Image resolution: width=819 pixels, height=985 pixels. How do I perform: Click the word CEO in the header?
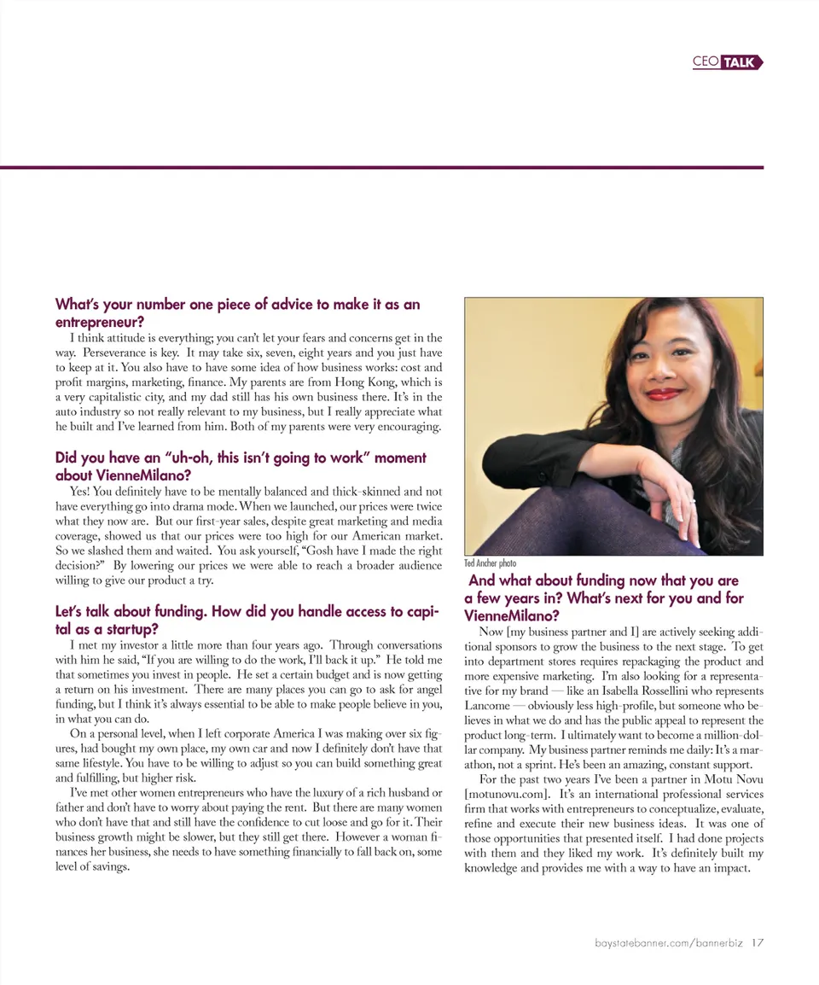click(706, 62)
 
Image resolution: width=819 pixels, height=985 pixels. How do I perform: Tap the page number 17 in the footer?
click(758, 943)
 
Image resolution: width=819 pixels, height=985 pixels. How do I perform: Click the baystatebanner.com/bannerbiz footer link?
click(669, 943)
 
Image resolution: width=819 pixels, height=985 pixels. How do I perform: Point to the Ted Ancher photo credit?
click(490, 563)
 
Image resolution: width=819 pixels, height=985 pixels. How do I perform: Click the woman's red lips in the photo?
click(664, 394)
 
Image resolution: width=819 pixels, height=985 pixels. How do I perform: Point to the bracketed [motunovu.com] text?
click(507, 796)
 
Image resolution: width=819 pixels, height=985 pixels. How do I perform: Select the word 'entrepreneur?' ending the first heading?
click(99, 322)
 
